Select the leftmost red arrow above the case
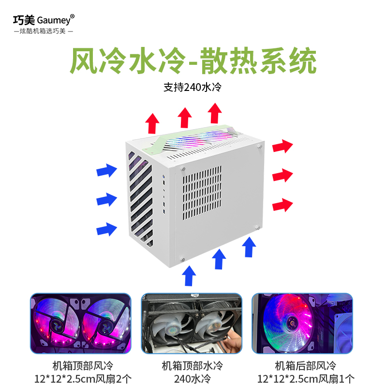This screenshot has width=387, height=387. coord(153,123)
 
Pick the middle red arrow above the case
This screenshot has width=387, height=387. coord(185,118)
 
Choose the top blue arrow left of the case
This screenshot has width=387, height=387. coord(106,170)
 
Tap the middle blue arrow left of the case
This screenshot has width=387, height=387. coord(106,199)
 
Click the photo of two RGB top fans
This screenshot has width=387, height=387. coord(81,323)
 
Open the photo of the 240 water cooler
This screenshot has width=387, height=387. coord(192,323)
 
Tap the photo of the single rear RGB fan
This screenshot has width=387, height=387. coord(303,323)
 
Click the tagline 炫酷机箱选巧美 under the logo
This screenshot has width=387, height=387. coord(44,31)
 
